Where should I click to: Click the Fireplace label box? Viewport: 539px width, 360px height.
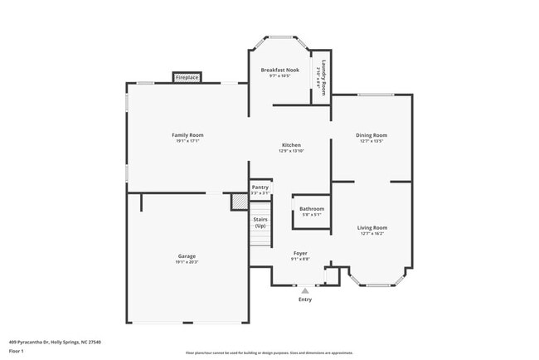187,77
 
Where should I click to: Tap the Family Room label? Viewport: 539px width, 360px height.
187,134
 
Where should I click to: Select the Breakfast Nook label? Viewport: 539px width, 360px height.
279,70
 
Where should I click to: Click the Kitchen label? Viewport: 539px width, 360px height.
290,144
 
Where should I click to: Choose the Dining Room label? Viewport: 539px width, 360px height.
372,134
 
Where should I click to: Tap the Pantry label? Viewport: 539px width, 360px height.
260,187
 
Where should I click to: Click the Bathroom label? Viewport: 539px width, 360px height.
312,208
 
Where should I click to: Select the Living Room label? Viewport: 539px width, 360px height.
372,226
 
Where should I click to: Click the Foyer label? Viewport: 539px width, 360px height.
300,252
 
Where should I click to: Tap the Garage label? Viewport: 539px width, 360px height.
187,255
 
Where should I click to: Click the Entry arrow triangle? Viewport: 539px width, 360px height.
305,290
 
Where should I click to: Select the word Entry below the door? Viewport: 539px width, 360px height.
305,299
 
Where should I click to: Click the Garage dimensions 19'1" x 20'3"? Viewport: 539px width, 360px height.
187,262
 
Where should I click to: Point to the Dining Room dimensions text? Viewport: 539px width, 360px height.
372,141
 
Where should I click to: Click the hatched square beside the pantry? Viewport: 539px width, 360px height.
239,201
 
